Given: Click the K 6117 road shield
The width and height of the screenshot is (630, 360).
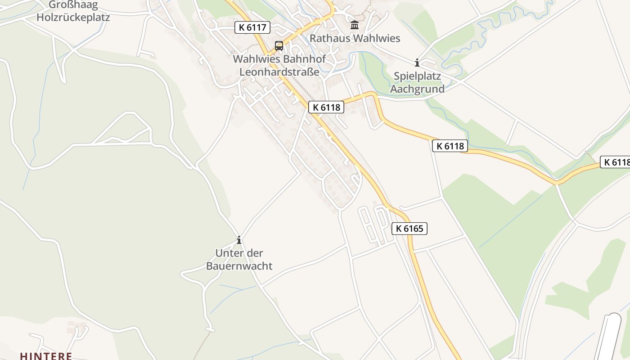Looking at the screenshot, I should (252, 27).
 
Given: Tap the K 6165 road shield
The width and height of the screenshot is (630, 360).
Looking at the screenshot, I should (409, 229).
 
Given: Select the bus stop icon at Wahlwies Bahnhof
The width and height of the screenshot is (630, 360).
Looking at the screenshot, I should (279, 45).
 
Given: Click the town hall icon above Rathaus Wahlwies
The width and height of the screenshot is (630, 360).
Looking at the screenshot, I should (355, 25).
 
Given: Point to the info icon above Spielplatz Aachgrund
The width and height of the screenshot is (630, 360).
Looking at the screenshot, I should (417, 63).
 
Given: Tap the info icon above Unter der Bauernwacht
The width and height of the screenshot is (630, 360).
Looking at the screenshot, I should (239, 240).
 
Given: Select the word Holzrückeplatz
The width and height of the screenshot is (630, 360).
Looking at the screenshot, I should (73, 18).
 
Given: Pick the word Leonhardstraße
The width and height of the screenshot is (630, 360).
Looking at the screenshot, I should (279, 72).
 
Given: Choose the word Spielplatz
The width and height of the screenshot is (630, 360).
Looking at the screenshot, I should (417, 76).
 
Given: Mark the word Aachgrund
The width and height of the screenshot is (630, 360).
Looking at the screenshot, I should (417, 89).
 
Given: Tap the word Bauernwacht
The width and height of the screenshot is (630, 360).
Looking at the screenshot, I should (239, 266).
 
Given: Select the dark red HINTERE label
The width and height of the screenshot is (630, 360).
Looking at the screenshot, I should (46, 356).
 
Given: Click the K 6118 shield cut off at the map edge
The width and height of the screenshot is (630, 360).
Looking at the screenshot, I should (616, 162).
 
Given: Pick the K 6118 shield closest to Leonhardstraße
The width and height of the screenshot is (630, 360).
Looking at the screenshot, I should (326, 107).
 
